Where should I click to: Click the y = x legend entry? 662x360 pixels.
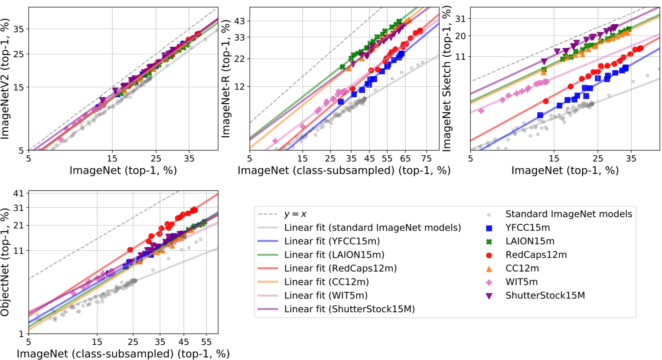click(295, 214)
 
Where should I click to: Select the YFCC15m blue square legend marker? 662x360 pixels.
click(489, 228)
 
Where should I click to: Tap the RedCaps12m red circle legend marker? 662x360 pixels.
click(489, 255)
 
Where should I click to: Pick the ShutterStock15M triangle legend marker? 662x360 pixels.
click(489, 296)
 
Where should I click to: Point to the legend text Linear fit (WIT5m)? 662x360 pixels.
click(326, 296)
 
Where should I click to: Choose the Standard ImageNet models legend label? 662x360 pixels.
click(568, 214)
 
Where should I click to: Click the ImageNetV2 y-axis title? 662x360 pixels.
click(6, 79)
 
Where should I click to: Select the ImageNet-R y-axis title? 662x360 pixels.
click(226, 79)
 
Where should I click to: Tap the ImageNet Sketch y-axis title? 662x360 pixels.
click(447, 79)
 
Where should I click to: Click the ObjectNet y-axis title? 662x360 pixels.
click(6, 263)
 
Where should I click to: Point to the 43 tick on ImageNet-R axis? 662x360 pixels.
click(240, 21)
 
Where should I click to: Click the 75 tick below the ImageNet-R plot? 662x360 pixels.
click(426, 159)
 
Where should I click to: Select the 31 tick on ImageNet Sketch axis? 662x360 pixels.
click(460, 19)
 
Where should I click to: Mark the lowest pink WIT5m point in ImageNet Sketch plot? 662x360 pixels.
click(481, 111)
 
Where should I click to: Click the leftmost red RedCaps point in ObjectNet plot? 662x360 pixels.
click(130, 250)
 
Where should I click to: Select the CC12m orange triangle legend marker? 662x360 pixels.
click(489, 268)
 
